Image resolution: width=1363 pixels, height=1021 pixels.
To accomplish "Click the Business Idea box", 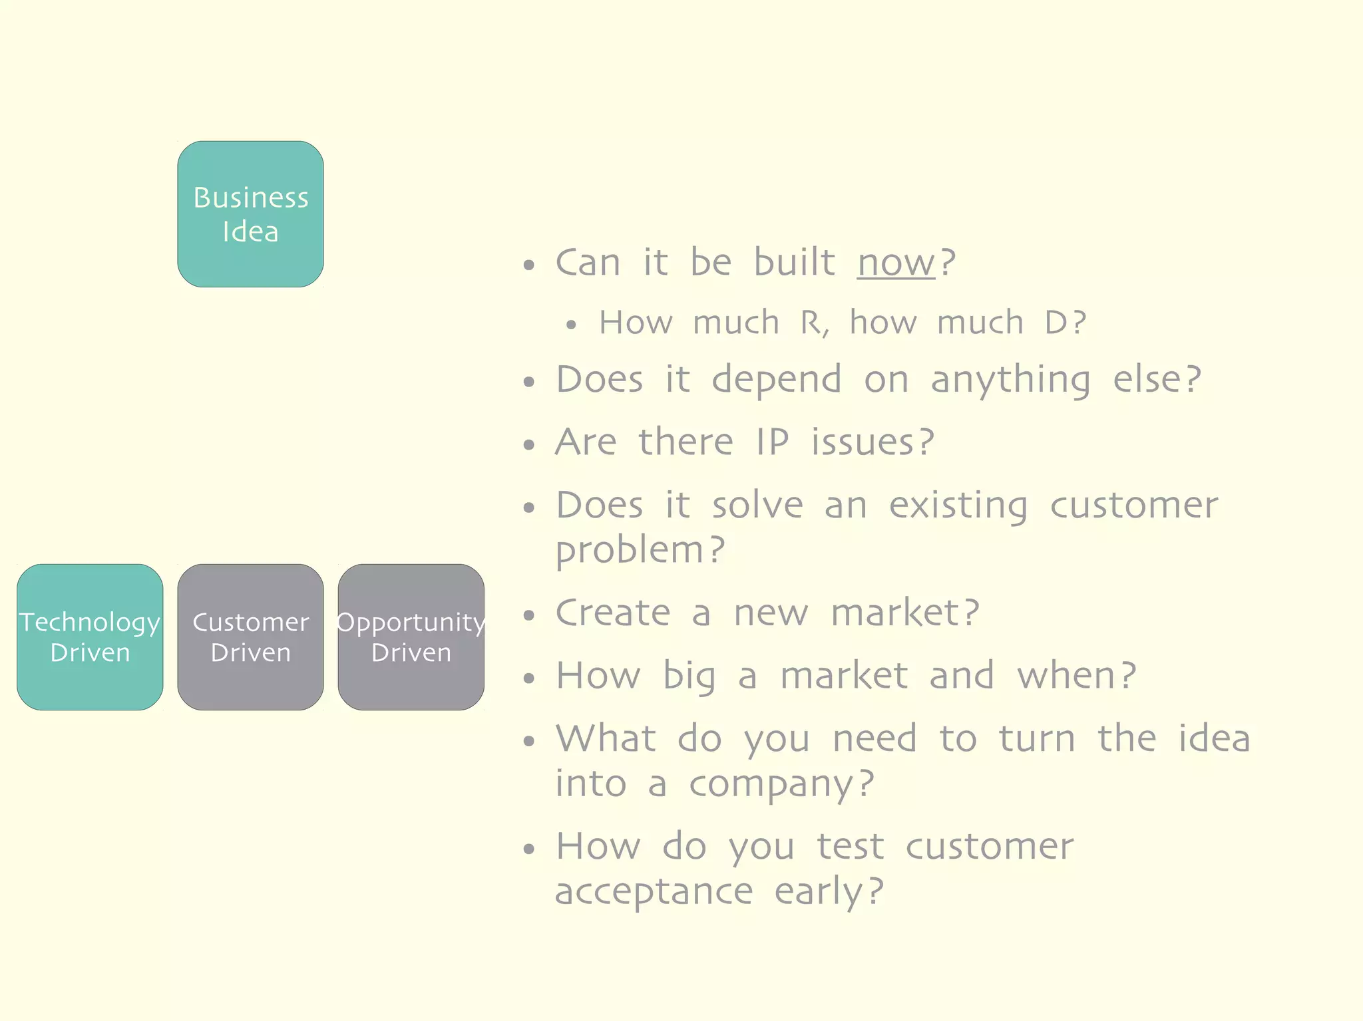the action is tap(250, 214).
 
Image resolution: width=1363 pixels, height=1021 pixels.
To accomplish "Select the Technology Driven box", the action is tap(90, 637).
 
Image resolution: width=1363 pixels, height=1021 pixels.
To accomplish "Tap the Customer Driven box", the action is tap(250, 637).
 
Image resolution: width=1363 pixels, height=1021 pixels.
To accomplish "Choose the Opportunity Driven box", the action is tap(411, 637).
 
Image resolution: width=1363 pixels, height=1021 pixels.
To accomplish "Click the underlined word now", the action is tap(896, 263).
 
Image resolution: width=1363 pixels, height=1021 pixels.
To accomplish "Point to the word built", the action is tap(794, 262).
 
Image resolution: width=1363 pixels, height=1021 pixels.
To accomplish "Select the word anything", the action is tap(1010, 381).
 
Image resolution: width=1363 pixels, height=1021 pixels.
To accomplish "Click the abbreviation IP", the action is tap(772, 442).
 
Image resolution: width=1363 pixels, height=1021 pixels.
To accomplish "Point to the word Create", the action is tap(613, 613).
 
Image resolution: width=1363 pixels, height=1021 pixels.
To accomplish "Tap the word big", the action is tap(689, 677).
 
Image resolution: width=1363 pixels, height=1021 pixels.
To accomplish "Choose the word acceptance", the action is tap(654, 892).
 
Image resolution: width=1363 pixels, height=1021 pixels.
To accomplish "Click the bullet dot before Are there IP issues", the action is tap(529, 444).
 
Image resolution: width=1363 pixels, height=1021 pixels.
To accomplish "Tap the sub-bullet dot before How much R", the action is tap(571, 325).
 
